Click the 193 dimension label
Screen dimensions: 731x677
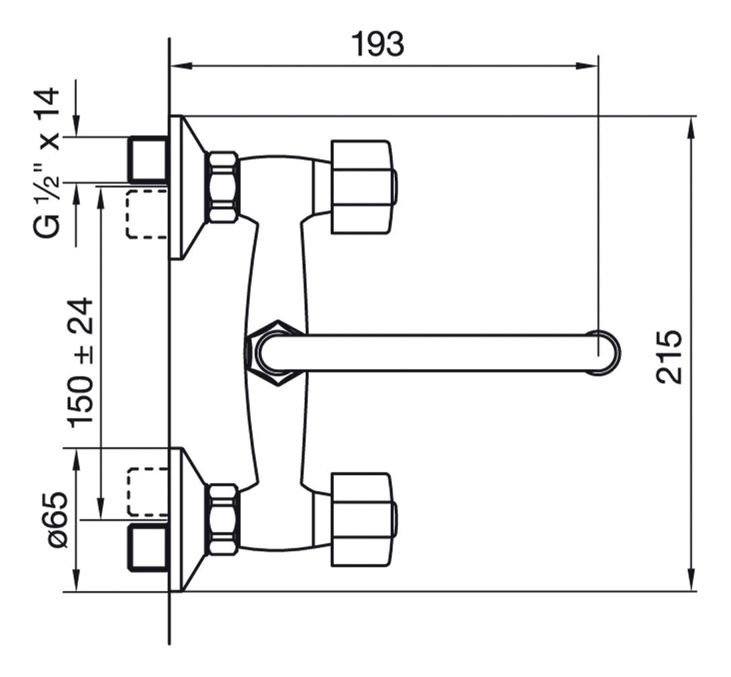pos(377,44)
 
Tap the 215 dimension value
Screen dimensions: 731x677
pos(669,356)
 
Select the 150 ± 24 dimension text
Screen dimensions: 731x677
pos(81,362)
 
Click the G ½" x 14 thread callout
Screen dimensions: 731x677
pos(47,163)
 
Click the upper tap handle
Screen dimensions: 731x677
pos(363,187)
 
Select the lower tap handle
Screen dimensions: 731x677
pos(363,520)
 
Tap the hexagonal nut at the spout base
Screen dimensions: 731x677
pos(275,352)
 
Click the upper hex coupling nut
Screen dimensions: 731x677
pos(223,187)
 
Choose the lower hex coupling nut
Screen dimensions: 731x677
pos(223,520)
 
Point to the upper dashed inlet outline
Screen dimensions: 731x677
pos(147,214)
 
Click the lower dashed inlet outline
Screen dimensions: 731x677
pos(147,492)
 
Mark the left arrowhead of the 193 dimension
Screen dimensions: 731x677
pos(182,66)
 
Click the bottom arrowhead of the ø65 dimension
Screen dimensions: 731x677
pos(77,580)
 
